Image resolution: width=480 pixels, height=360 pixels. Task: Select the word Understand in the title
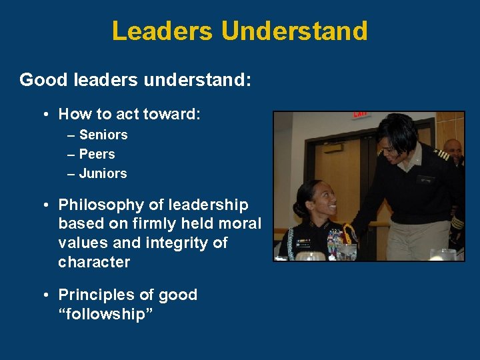(294, 31)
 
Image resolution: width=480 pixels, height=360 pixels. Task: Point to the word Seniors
(103, 135)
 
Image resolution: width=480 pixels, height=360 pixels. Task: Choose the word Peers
(97, 154)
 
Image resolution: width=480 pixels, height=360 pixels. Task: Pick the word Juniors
(103, 173)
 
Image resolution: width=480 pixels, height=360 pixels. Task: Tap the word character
(94, 262)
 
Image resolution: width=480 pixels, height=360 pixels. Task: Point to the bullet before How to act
(45, 115)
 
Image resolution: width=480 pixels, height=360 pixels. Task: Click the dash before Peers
(71, 154)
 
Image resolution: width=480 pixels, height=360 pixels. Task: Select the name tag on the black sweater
(425, 179)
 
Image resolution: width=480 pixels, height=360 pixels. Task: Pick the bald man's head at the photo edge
(453, 148)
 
